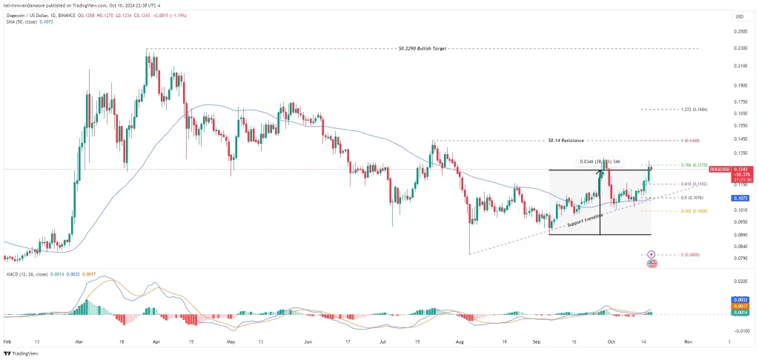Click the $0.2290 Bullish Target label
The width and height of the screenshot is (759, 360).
click(x=422, y=48)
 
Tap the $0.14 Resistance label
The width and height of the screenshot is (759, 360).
click(x=566, y=140)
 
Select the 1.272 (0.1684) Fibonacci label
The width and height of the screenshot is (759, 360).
click(x=694, y=109)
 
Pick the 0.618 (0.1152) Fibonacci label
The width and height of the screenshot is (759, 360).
click(x=693, y=184)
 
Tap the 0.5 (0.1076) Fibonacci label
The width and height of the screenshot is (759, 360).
click(x=692, y=198)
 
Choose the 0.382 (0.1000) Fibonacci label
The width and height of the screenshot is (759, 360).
click(x=693, y=211)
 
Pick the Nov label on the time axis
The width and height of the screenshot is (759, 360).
click(x=689, y=343)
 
